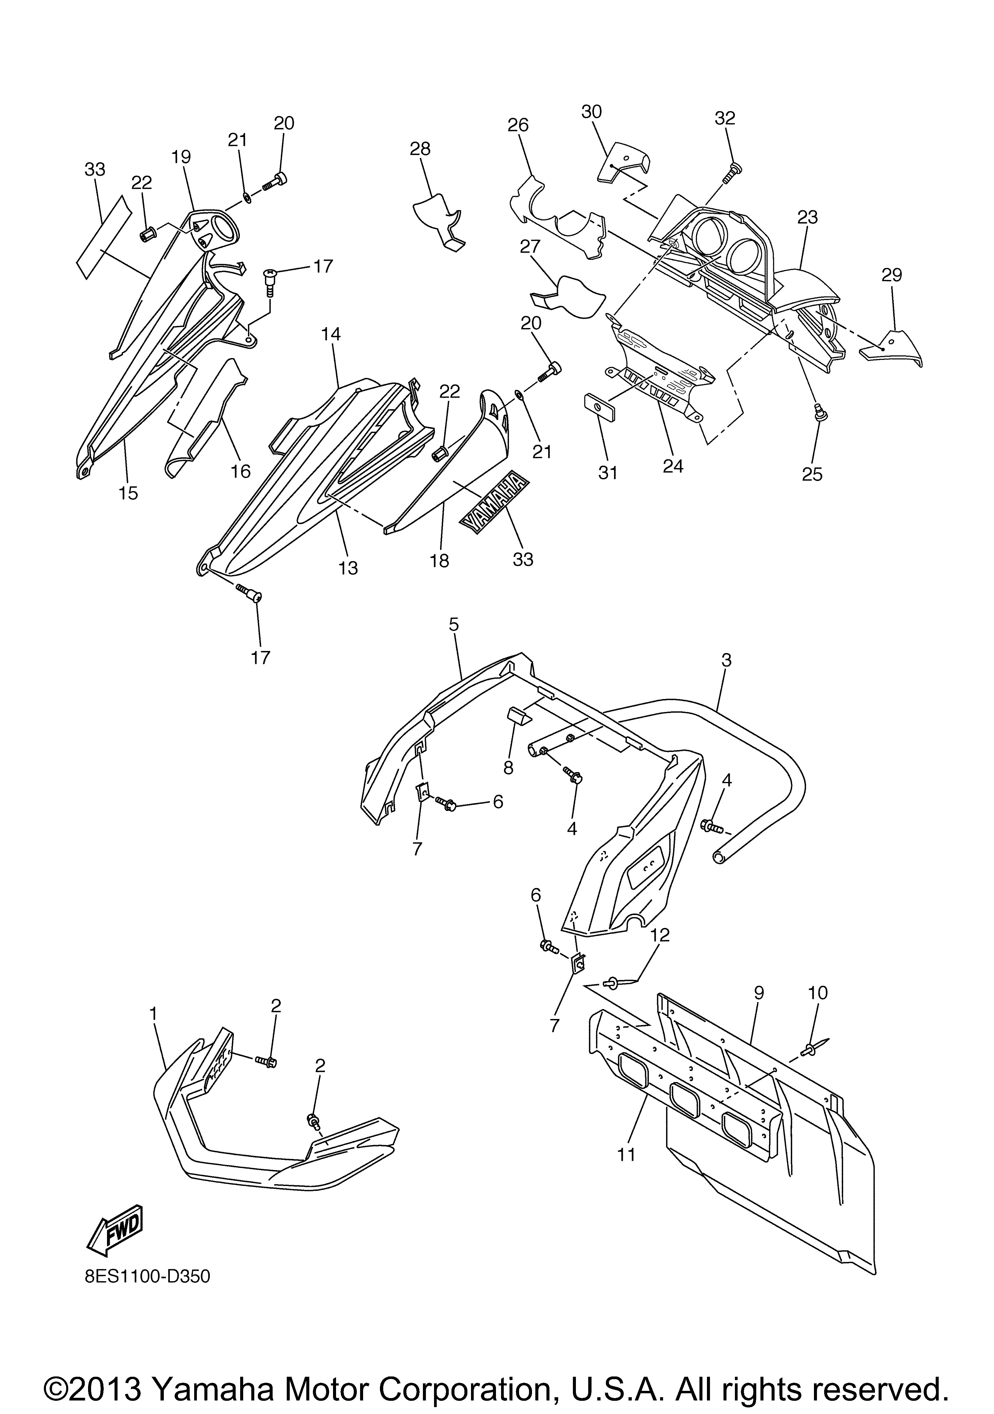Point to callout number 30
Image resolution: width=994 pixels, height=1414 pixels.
[x=592, y=111]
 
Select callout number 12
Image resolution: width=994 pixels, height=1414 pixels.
[x=660, y=935]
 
